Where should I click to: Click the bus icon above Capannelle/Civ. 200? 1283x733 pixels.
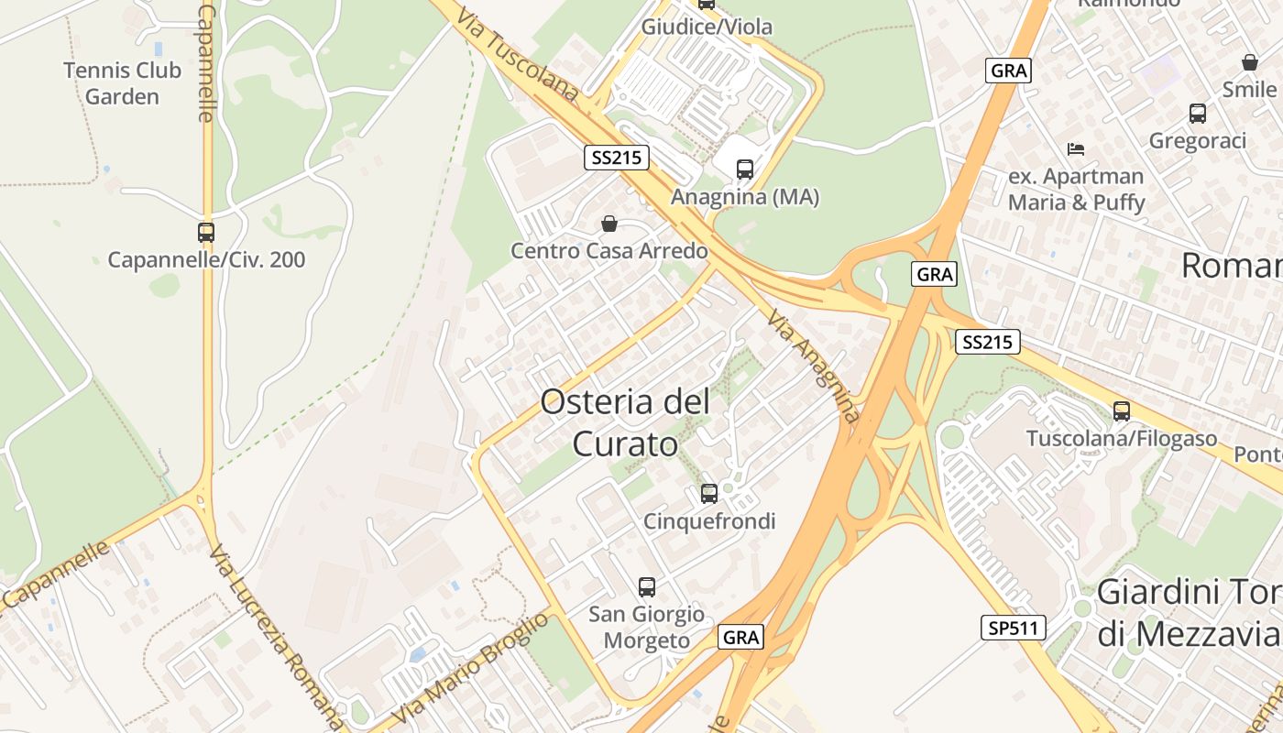click(x=206, y=233)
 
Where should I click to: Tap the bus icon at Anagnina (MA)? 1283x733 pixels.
click(x=745, y=170)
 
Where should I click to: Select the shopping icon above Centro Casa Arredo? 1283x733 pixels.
click(x=609, y=224)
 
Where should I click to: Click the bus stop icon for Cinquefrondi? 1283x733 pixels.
click(x=709, y=494)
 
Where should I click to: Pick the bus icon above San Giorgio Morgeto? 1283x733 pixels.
click(x=647, y=587)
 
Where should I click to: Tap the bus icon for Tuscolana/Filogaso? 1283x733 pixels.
click(x=1122, y=411)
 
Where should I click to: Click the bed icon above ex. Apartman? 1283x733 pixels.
click(x=1076, y=148)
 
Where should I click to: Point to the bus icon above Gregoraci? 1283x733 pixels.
click(x=1198, y=114)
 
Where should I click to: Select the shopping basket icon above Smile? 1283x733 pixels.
click(x=1249, y=62)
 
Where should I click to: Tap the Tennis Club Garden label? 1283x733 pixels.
click(x=122, y=83)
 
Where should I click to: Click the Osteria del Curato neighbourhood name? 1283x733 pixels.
click(x=625, y=422)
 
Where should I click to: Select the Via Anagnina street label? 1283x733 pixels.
click(x=815, y=366)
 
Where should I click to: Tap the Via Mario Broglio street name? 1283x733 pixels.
click(x=469, y=668)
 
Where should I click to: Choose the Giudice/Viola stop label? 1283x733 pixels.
click(x=707, y=27)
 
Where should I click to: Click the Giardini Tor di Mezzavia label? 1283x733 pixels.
click(x=1189, y=612)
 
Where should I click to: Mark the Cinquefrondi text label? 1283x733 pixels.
click(x=709, y=521)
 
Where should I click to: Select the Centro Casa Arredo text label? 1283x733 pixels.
click(x=609, y=251)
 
